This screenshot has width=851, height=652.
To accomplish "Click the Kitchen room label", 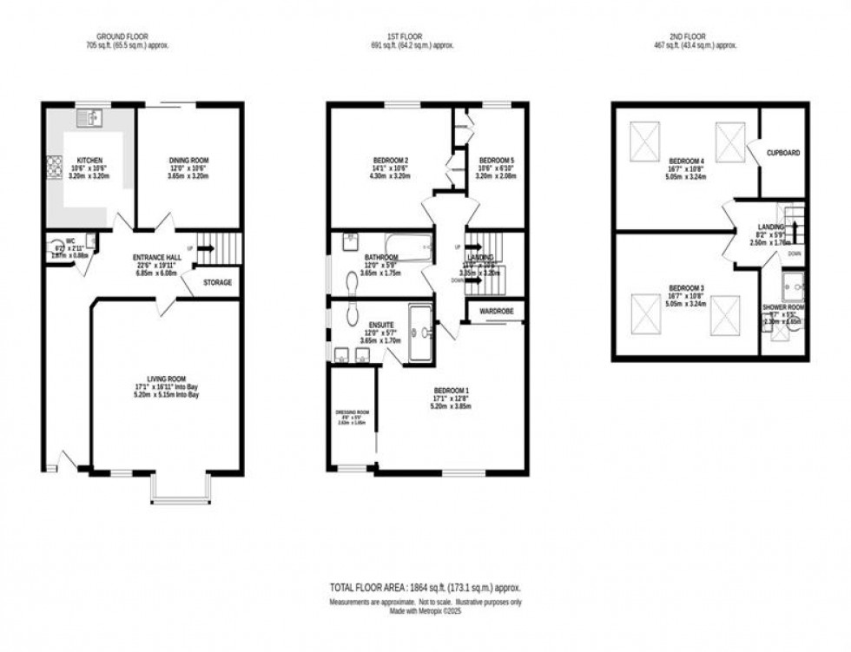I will tap(91, 161).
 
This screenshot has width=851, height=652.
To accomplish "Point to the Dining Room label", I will tap(188, 161).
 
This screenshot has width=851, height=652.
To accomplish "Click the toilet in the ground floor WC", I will tap(58, 247).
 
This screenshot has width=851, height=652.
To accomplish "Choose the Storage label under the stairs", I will tap(218, 283).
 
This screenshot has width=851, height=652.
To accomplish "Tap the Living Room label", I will tap(167, 379).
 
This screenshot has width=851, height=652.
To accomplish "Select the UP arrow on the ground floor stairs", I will tap(204, 248).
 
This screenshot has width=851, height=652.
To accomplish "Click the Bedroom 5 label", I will tap(497, 161).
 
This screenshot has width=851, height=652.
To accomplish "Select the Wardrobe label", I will tap(496, 310).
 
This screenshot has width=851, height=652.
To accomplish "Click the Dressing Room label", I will tap(352, 412).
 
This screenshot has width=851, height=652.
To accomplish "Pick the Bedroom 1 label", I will tap(451, 391).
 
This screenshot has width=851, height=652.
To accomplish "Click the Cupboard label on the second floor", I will tap(782, 153).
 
